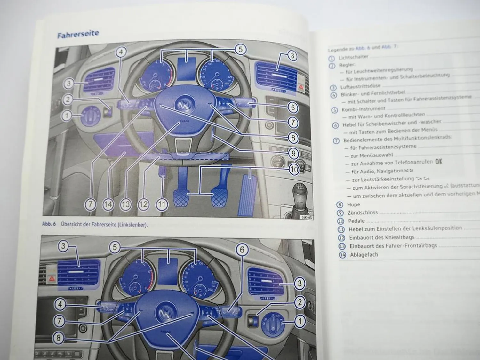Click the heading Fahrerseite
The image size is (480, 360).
pyautogui.click(x=78, y=34)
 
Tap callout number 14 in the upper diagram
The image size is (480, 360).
pyautogui.click(x=108, y=204)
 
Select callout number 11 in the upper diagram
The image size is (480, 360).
pyautogui.click(x=162, y=204)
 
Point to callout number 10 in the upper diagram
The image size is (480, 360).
pyautogui.click(x=293, y=169)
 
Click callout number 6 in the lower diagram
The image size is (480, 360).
pyautogui.click(x=242, y=250)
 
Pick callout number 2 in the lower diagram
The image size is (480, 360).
pyautogui.click(x=300, y=302)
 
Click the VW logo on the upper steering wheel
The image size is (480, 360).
pyautogui.click(x=185, y=105)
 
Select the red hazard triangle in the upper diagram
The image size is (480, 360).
pyautogui.click(x=301, y=86)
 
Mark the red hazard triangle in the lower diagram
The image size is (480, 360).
pyautogui.click(x=52, y=279)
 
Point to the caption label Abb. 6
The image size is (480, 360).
pyautogui.click(x=49, y=224)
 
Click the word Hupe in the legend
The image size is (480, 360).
pyautogui.click(x=353, y=204)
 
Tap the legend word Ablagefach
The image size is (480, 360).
pyautogui.click(x=364, y=255)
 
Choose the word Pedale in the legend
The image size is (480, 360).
pyautogui.click(x=356, y=221)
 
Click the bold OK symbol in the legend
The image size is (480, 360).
pyautogui.click(x=438, y=162)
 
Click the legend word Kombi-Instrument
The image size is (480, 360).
pyautogui.click(x=363, y=109)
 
